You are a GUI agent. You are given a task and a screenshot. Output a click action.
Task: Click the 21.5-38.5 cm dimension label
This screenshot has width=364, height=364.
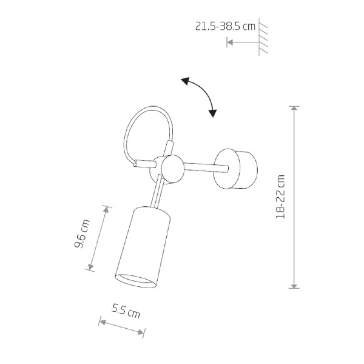[x=225, y=26]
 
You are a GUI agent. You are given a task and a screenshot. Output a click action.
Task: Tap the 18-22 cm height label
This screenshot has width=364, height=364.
[x=280, y=197]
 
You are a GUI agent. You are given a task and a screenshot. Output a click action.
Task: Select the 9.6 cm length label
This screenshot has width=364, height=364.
[x=82, y=234]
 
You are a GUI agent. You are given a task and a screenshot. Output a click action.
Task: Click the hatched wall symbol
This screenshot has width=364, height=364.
[x=263, y=37]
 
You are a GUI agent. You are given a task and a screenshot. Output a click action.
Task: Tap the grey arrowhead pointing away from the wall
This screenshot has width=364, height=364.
[x=230, y=42]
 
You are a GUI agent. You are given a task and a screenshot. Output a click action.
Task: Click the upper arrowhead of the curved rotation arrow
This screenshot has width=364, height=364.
[x=186, y=81]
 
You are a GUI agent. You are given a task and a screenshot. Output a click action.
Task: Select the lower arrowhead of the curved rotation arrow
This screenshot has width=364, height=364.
[x=212, y=113]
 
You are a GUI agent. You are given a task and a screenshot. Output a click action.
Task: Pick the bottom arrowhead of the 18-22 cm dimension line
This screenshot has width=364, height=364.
[x=294, y=285]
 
